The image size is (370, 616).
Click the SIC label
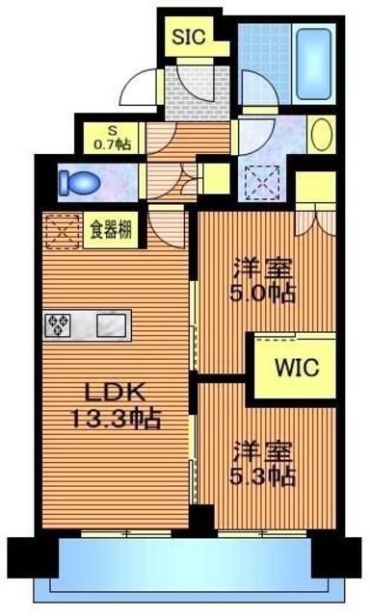[189, 37]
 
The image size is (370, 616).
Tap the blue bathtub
[314, 64]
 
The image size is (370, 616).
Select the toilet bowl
[80, 183]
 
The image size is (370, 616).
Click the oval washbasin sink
[321, 134]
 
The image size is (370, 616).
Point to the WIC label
[297, 368]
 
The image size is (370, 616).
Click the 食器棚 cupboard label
[111, 229]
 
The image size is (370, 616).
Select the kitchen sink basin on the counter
[111, 325]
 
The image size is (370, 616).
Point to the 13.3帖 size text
[116, 418]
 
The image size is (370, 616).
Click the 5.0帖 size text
[262, 293]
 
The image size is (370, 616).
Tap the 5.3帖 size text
[262, 476]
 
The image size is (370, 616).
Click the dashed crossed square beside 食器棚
[62, 231]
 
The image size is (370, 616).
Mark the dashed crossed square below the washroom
[262, 182]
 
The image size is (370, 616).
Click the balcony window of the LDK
[126, 533]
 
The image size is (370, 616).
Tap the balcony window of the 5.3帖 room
[262, 533]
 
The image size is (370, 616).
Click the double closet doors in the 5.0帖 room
[316, 220]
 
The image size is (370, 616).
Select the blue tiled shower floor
[264, 62]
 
